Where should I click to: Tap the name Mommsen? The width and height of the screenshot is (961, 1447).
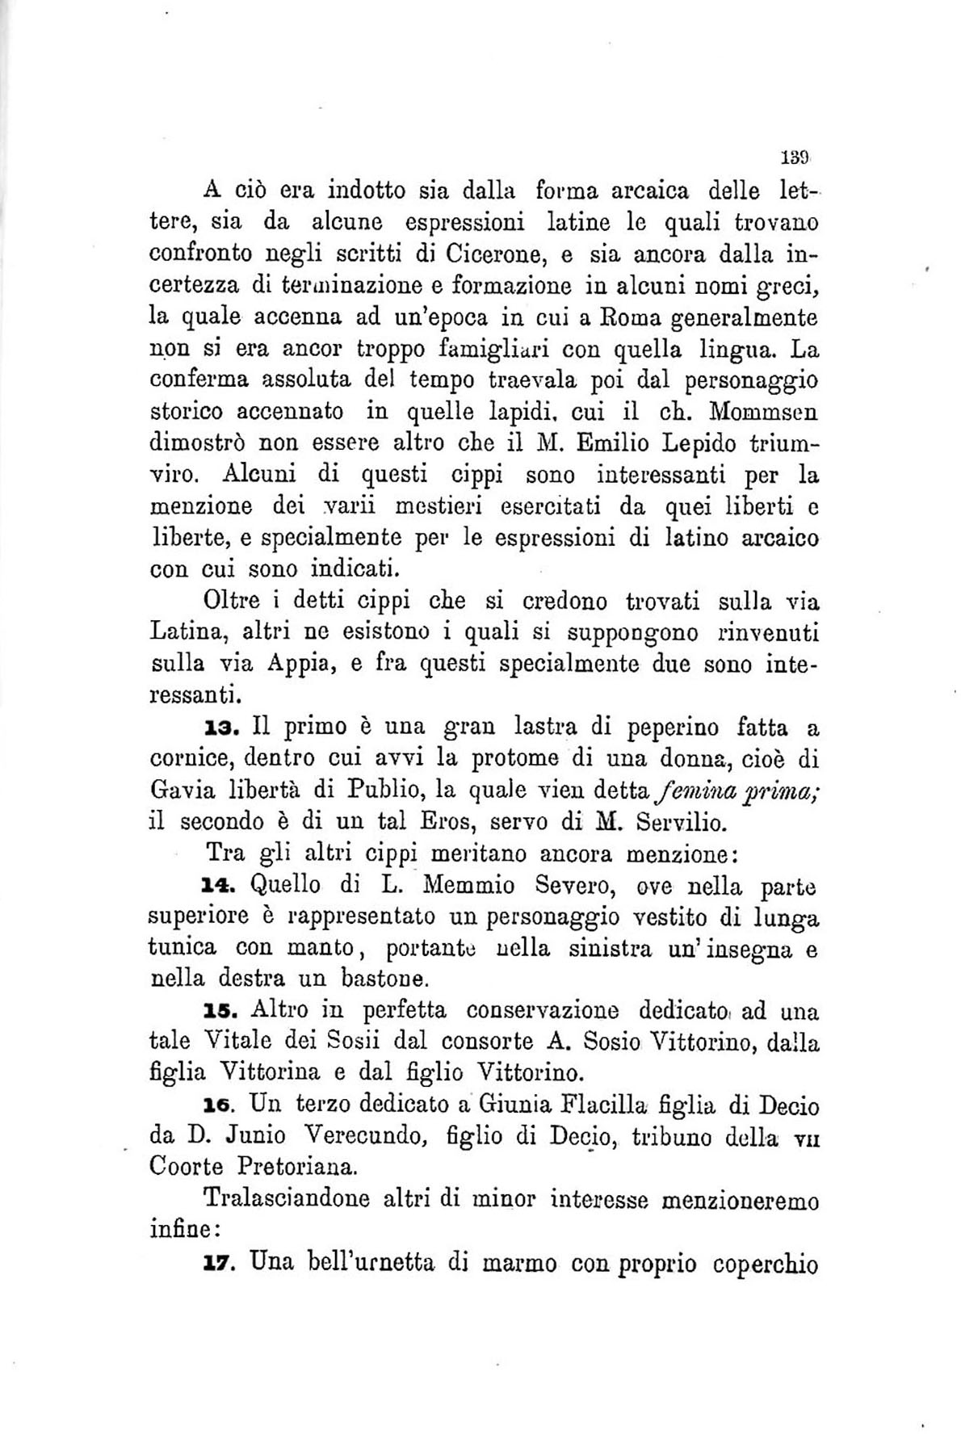(764, 411)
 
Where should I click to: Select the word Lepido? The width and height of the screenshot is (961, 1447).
(695, 442)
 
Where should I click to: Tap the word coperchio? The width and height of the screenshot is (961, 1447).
(766, 1263)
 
